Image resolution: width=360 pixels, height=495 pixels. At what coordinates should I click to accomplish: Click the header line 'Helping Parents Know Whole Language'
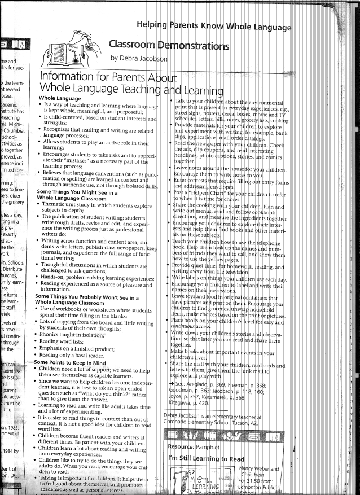coord(214,26)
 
